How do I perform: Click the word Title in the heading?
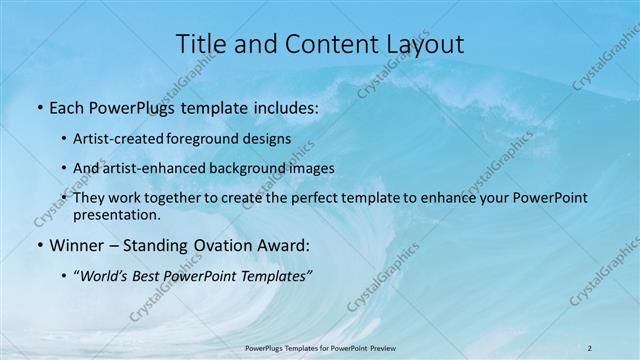pyautogui.click(x=201, y=43)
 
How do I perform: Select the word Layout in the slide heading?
pyautogui.click(x=423, y=43)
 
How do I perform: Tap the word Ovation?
pyautogui.click(x=222, y=245)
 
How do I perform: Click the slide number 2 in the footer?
pyautogui.click(x=590, y=348)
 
